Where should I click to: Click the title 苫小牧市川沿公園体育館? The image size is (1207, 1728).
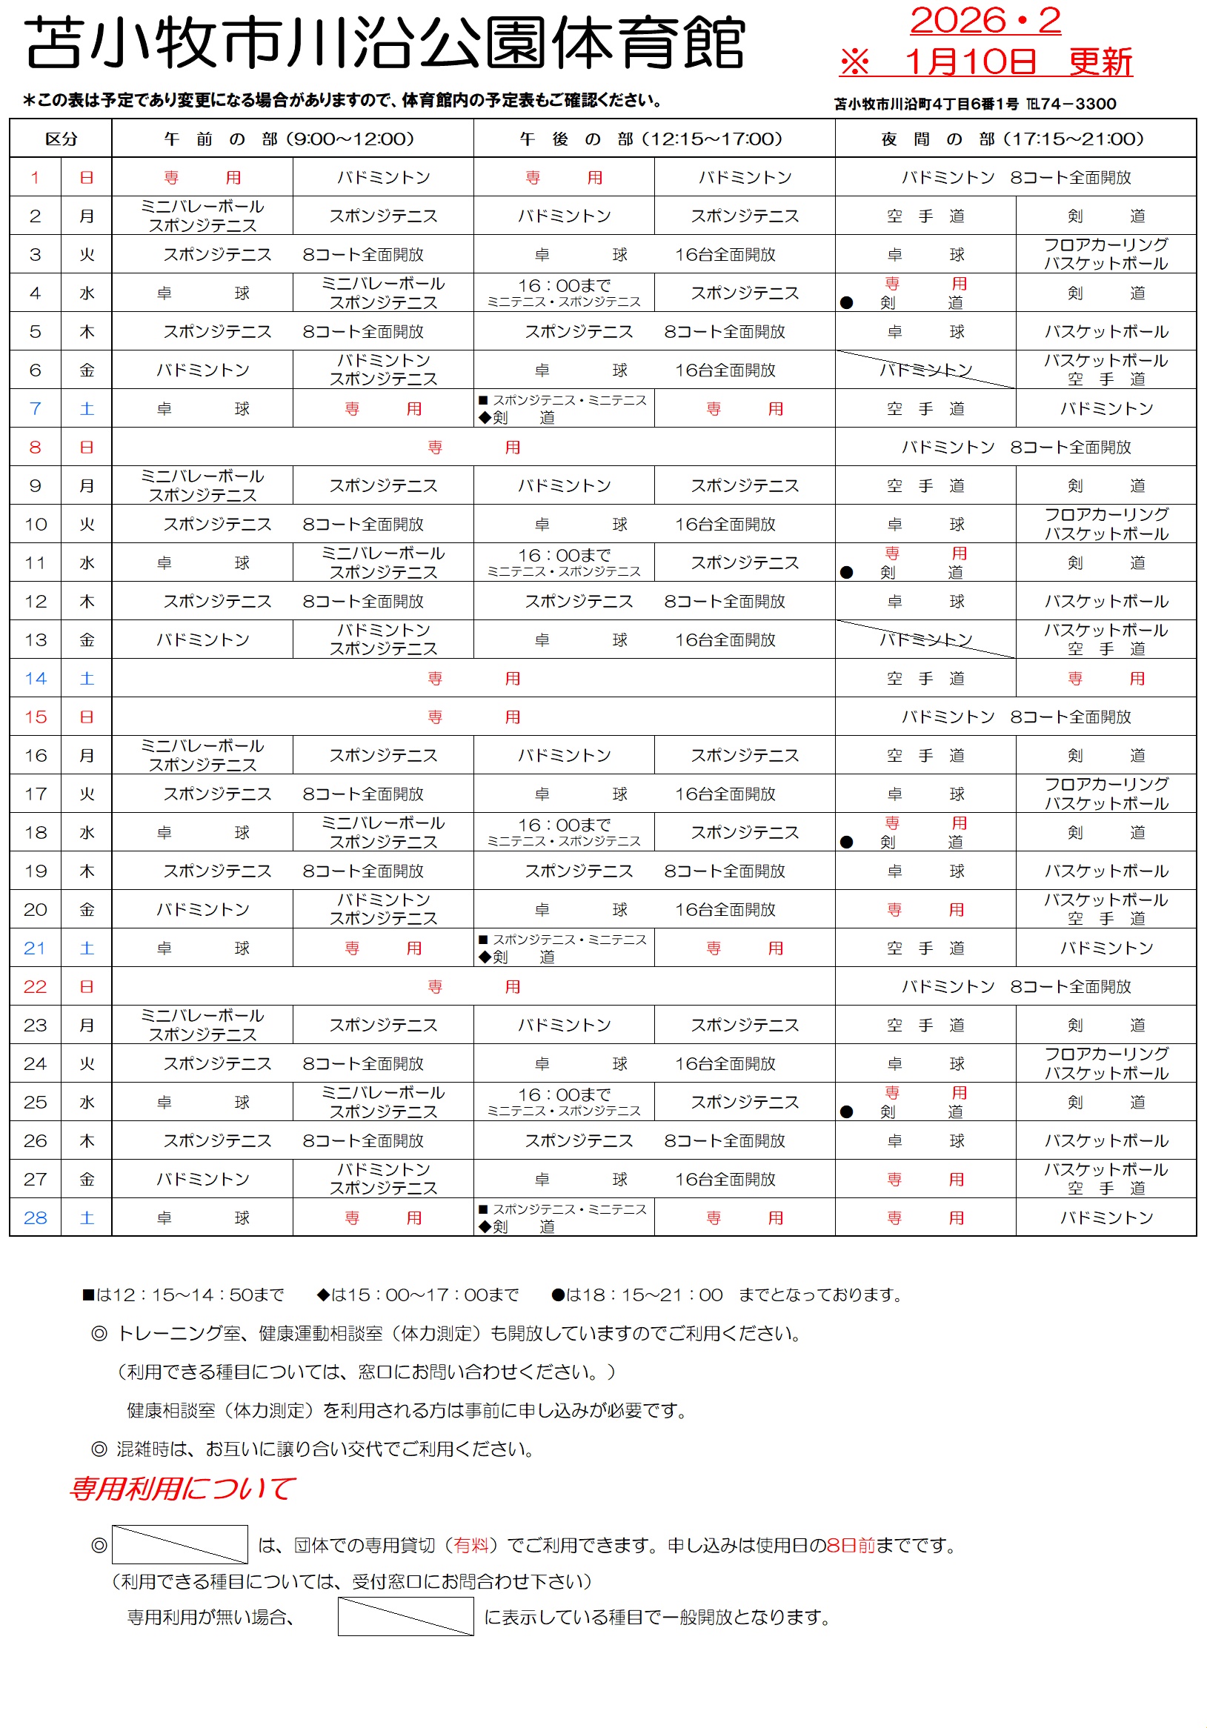[385, 43]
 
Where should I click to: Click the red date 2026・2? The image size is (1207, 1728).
[984, 20]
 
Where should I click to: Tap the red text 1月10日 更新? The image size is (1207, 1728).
[1017, 62]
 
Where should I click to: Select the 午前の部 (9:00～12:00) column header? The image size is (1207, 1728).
[292, 139]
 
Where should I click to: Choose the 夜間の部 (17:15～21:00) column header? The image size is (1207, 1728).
[1014, 139]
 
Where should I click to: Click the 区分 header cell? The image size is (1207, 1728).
[61, 139]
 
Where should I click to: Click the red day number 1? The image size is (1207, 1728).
[35, 178]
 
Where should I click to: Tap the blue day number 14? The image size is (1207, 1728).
[35, 678]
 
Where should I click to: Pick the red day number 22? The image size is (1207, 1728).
[35, 986]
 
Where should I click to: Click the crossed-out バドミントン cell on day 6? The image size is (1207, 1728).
[925, 370]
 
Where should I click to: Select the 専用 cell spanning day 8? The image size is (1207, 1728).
[473, 447]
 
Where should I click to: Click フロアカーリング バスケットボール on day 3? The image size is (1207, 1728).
[1105, 254]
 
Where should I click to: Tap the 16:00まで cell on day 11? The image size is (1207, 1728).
[563, 562]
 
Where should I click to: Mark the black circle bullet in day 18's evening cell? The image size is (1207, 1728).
[846, 842]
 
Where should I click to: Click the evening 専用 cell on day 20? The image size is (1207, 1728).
[925, 909]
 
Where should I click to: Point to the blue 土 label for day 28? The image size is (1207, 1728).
[87, 1217]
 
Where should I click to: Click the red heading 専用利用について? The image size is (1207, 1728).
[182, 1488]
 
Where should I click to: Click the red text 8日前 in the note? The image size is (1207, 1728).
[850, 1545]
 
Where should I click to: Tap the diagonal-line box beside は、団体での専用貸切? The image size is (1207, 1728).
[180, 1544]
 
